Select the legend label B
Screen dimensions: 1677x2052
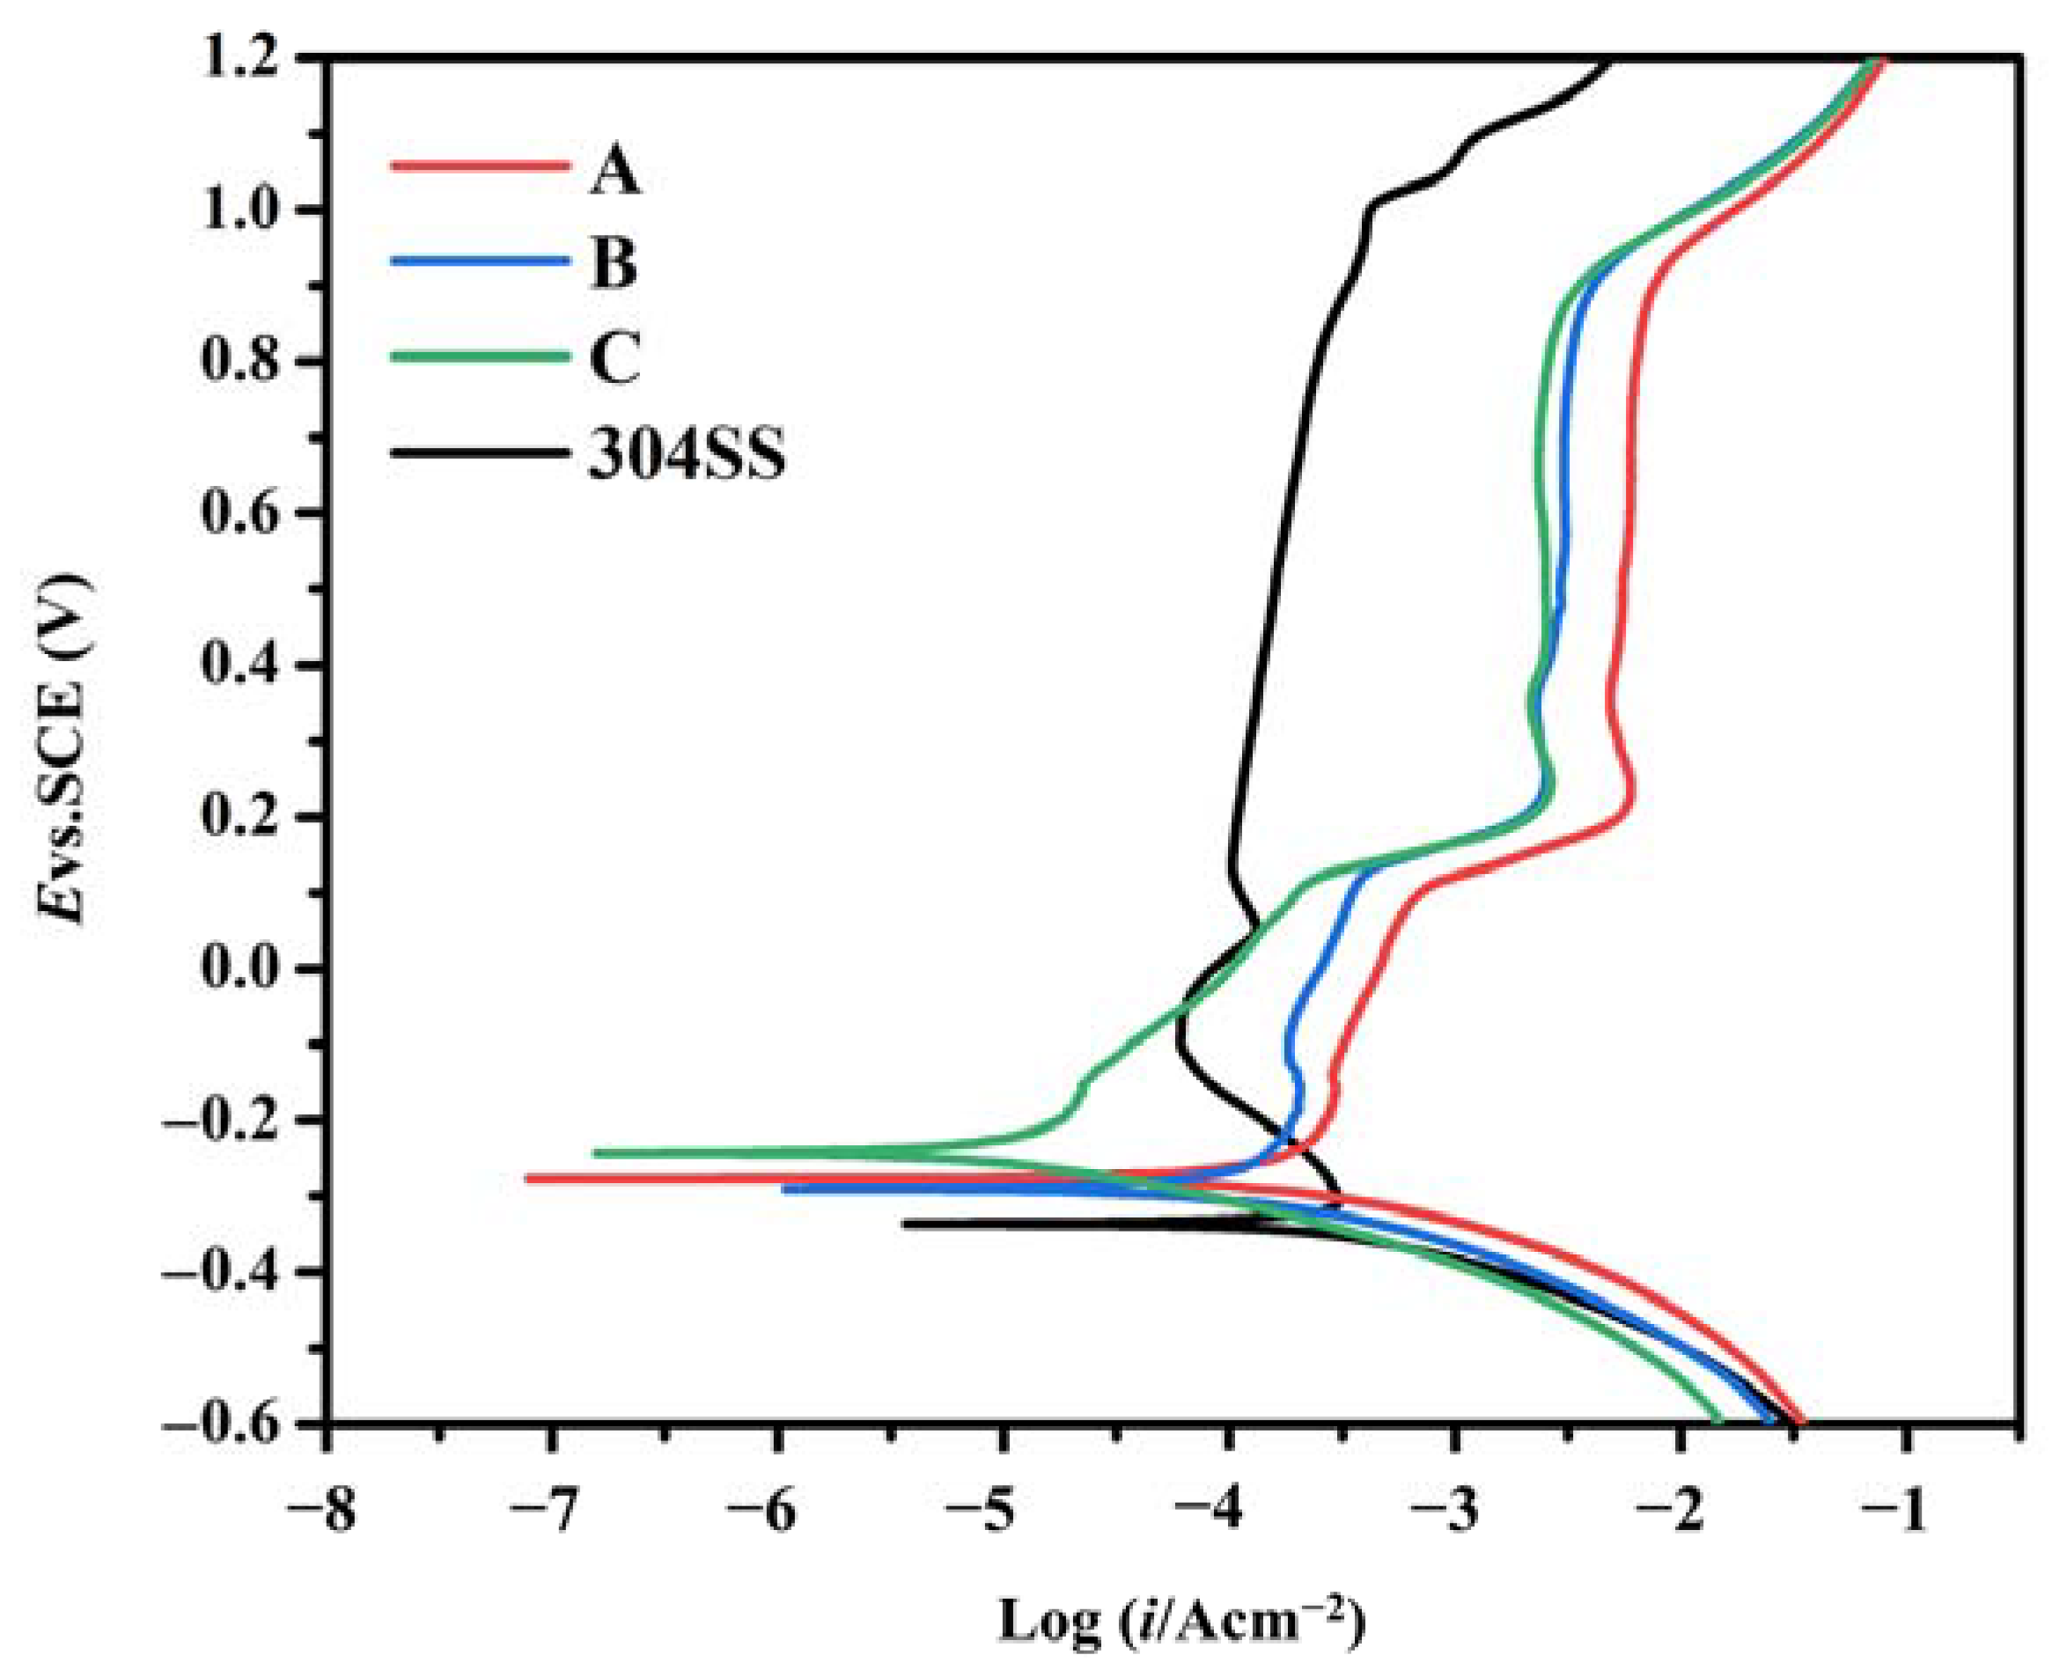(614, 264)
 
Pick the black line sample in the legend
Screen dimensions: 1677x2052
(479, 451)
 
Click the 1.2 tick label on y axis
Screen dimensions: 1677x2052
(241, 60)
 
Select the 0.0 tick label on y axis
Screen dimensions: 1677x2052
(241, 969)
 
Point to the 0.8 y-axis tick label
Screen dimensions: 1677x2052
(241, 363)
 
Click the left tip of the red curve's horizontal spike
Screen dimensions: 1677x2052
(528, 1179)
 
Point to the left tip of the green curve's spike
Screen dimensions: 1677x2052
(596, 1152)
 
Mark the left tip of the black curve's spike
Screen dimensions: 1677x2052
(905, 1224)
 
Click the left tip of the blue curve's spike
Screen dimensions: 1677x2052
(785, 1189)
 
